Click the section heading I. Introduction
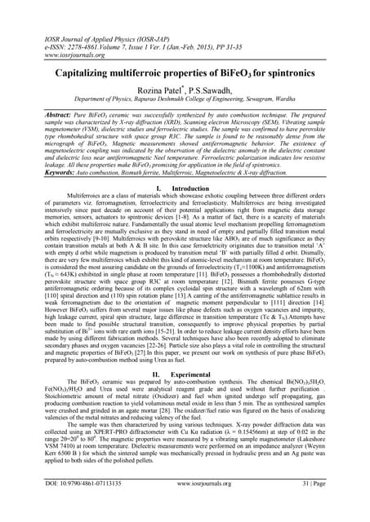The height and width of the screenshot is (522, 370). coord(184,188)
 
